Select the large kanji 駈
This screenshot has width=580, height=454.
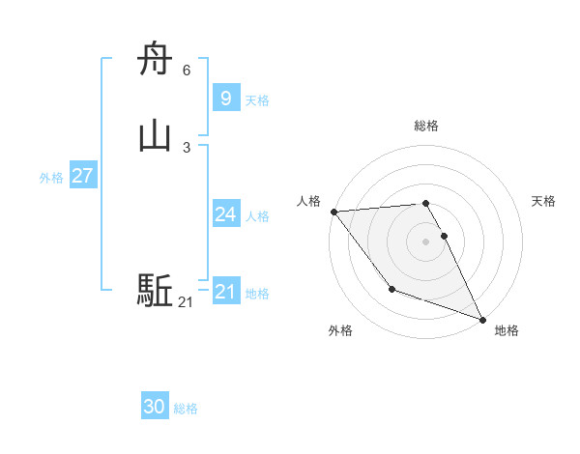pos(155,291)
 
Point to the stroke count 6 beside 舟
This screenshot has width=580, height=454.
pos(187,71)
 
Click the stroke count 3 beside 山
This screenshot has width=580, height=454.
pos(187,147)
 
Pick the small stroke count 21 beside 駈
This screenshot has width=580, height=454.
pos(186,302)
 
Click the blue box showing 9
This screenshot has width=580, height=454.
pos(225,99)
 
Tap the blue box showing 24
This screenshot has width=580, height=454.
pos(225,214)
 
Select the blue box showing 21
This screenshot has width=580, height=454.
pos(225,292)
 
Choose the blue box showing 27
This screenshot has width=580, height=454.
pos(82,176)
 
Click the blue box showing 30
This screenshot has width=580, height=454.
pos(154,407)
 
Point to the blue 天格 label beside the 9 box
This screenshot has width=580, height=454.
pos(257,100)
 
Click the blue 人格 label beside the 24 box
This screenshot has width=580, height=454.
pos(258,216)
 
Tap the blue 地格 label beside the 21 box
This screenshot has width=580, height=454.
pos(258,294)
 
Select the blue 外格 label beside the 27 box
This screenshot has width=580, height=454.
pos(51,178)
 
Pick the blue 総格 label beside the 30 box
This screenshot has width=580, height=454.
pos(186,409)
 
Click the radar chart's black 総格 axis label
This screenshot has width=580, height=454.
pos(426,126)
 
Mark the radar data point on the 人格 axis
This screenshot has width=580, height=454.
pos(333,212)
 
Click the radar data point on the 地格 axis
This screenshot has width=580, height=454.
pos(483,320)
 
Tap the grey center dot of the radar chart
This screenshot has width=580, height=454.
pos(426,241)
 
